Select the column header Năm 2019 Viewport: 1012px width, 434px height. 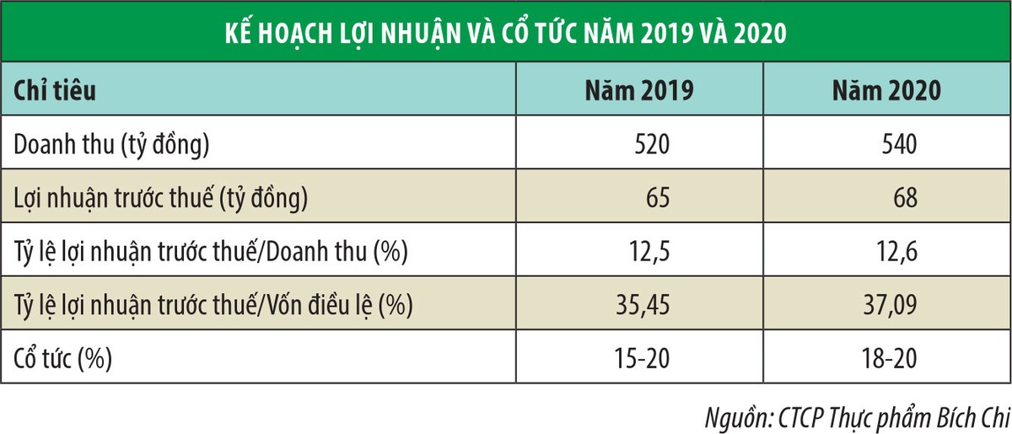640,91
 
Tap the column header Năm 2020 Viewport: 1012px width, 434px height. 885,91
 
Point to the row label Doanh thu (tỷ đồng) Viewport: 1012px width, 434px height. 111,145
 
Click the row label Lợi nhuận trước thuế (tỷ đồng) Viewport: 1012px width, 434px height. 161,199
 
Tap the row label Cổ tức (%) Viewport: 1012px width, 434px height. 64,358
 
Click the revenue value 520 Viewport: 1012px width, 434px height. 652,145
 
